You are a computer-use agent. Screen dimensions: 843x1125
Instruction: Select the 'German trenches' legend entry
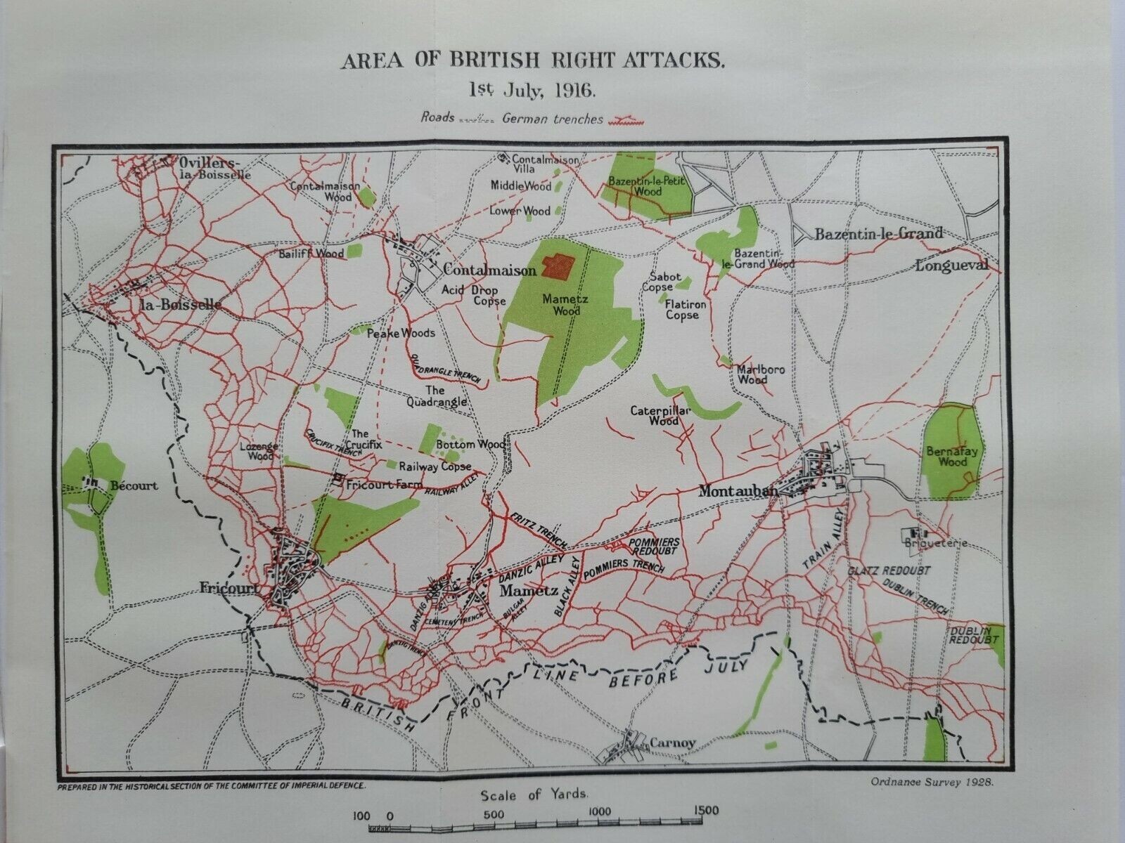pos(553,119)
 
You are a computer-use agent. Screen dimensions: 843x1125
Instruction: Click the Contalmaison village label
pos(490,270)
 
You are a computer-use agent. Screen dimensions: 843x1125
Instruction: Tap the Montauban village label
pos(738,492)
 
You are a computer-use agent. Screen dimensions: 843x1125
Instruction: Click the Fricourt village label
pos(238,587)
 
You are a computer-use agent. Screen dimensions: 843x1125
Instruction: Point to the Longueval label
pos(952,266)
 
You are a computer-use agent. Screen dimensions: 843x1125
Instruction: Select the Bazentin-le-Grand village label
pos(878,234)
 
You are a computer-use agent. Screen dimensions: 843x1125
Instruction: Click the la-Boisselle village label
pos(181,305)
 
